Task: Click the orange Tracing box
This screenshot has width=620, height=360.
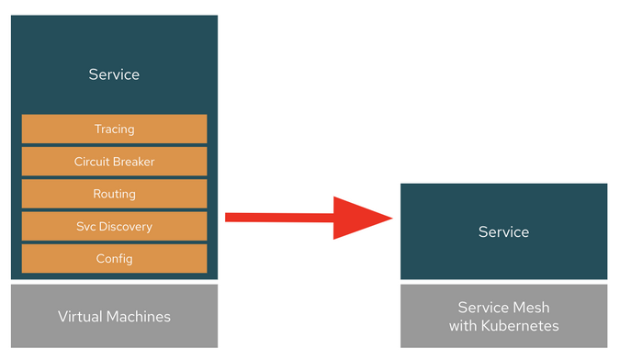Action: (x=114, y=129)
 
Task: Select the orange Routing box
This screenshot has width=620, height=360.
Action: (x=114, y=194)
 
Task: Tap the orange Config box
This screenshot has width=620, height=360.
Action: (x=114, y=258)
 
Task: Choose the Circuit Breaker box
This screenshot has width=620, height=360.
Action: (x=114, y=162)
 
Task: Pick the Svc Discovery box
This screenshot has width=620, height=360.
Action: (x=114, y=226)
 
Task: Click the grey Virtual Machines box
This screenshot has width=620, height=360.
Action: (x=114, y=316)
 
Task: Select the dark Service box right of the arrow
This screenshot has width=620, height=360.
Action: (x=503, y=231)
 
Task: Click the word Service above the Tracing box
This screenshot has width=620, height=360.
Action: (x=114, y=74)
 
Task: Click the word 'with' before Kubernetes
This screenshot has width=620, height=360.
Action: (x=465, y=325)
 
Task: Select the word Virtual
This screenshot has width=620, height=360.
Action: (x=81, y=316)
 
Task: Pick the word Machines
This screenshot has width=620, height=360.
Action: (x=139, y=316)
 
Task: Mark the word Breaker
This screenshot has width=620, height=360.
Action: (x=134, y=162)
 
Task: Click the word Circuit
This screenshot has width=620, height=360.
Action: (x=92, y=162)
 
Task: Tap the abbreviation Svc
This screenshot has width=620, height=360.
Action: (x=87, y=226)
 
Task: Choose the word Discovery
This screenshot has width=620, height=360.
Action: (x=127, y=226)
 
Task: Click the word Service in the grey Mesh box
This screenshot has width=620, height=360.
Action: (x=484, y=308)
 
